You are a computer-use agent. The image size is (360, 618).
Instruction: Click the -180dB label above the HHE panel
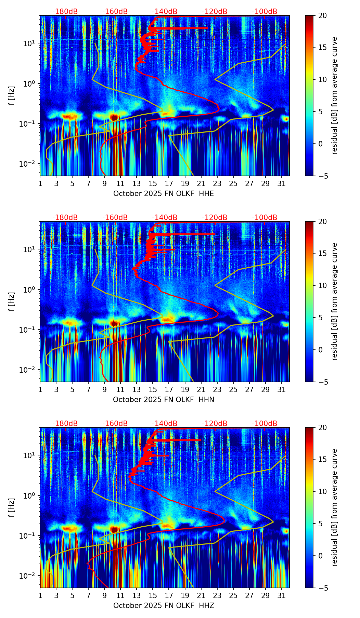[65, 12]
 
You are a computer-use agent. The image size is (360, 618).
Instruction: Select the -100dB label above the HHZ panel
[265, 424]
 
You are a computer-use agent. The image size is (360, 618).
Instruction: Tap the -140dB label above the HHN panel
[165, 218]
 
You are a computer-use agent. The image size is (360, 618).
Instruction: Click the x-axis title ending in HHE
[164, 194]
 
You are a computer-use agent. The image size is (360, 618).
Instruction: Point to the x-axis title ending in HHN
[164, 400]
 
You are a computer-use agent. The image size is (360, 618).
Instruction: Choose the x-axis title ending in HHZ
[164, 606]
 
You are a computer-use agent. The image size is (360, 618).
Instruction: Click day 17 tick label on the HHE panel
[169, 183]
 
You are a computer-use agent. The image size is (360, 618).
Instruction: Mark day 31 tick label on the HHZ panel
[281, 595]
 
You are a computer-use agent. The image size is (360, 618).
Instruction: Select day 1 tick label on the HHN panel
[40, 389]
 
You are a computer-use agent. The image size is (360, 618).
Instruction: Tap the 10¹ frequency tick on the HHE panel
[29, 43]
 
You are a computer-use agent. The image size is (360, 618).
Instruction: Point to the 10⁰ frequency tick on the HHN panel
[29, 289]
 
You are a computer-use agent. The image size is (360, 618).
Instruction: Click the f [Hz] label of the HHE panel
[12, 96]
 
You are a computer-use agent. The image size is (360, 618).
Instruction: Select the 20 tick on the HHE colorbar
[322, 16]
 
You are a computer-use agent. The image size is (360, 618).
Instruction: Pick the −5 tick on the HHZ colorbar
[322, 588]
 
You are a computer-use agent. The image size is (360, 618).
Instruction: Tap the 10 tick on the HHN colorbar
[322, 285]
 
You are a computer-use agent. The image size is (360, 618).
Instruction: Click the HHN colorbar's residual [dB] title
[334, 301]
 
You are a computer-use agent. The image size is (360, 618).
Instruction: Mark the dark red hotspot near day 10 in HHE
[114, 117]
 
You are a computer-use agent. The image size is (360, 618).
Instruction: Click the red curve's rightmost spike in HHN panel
[214, 234]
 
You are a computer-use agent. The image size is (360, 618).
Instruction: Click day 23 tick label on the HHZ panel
[217, 595]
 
